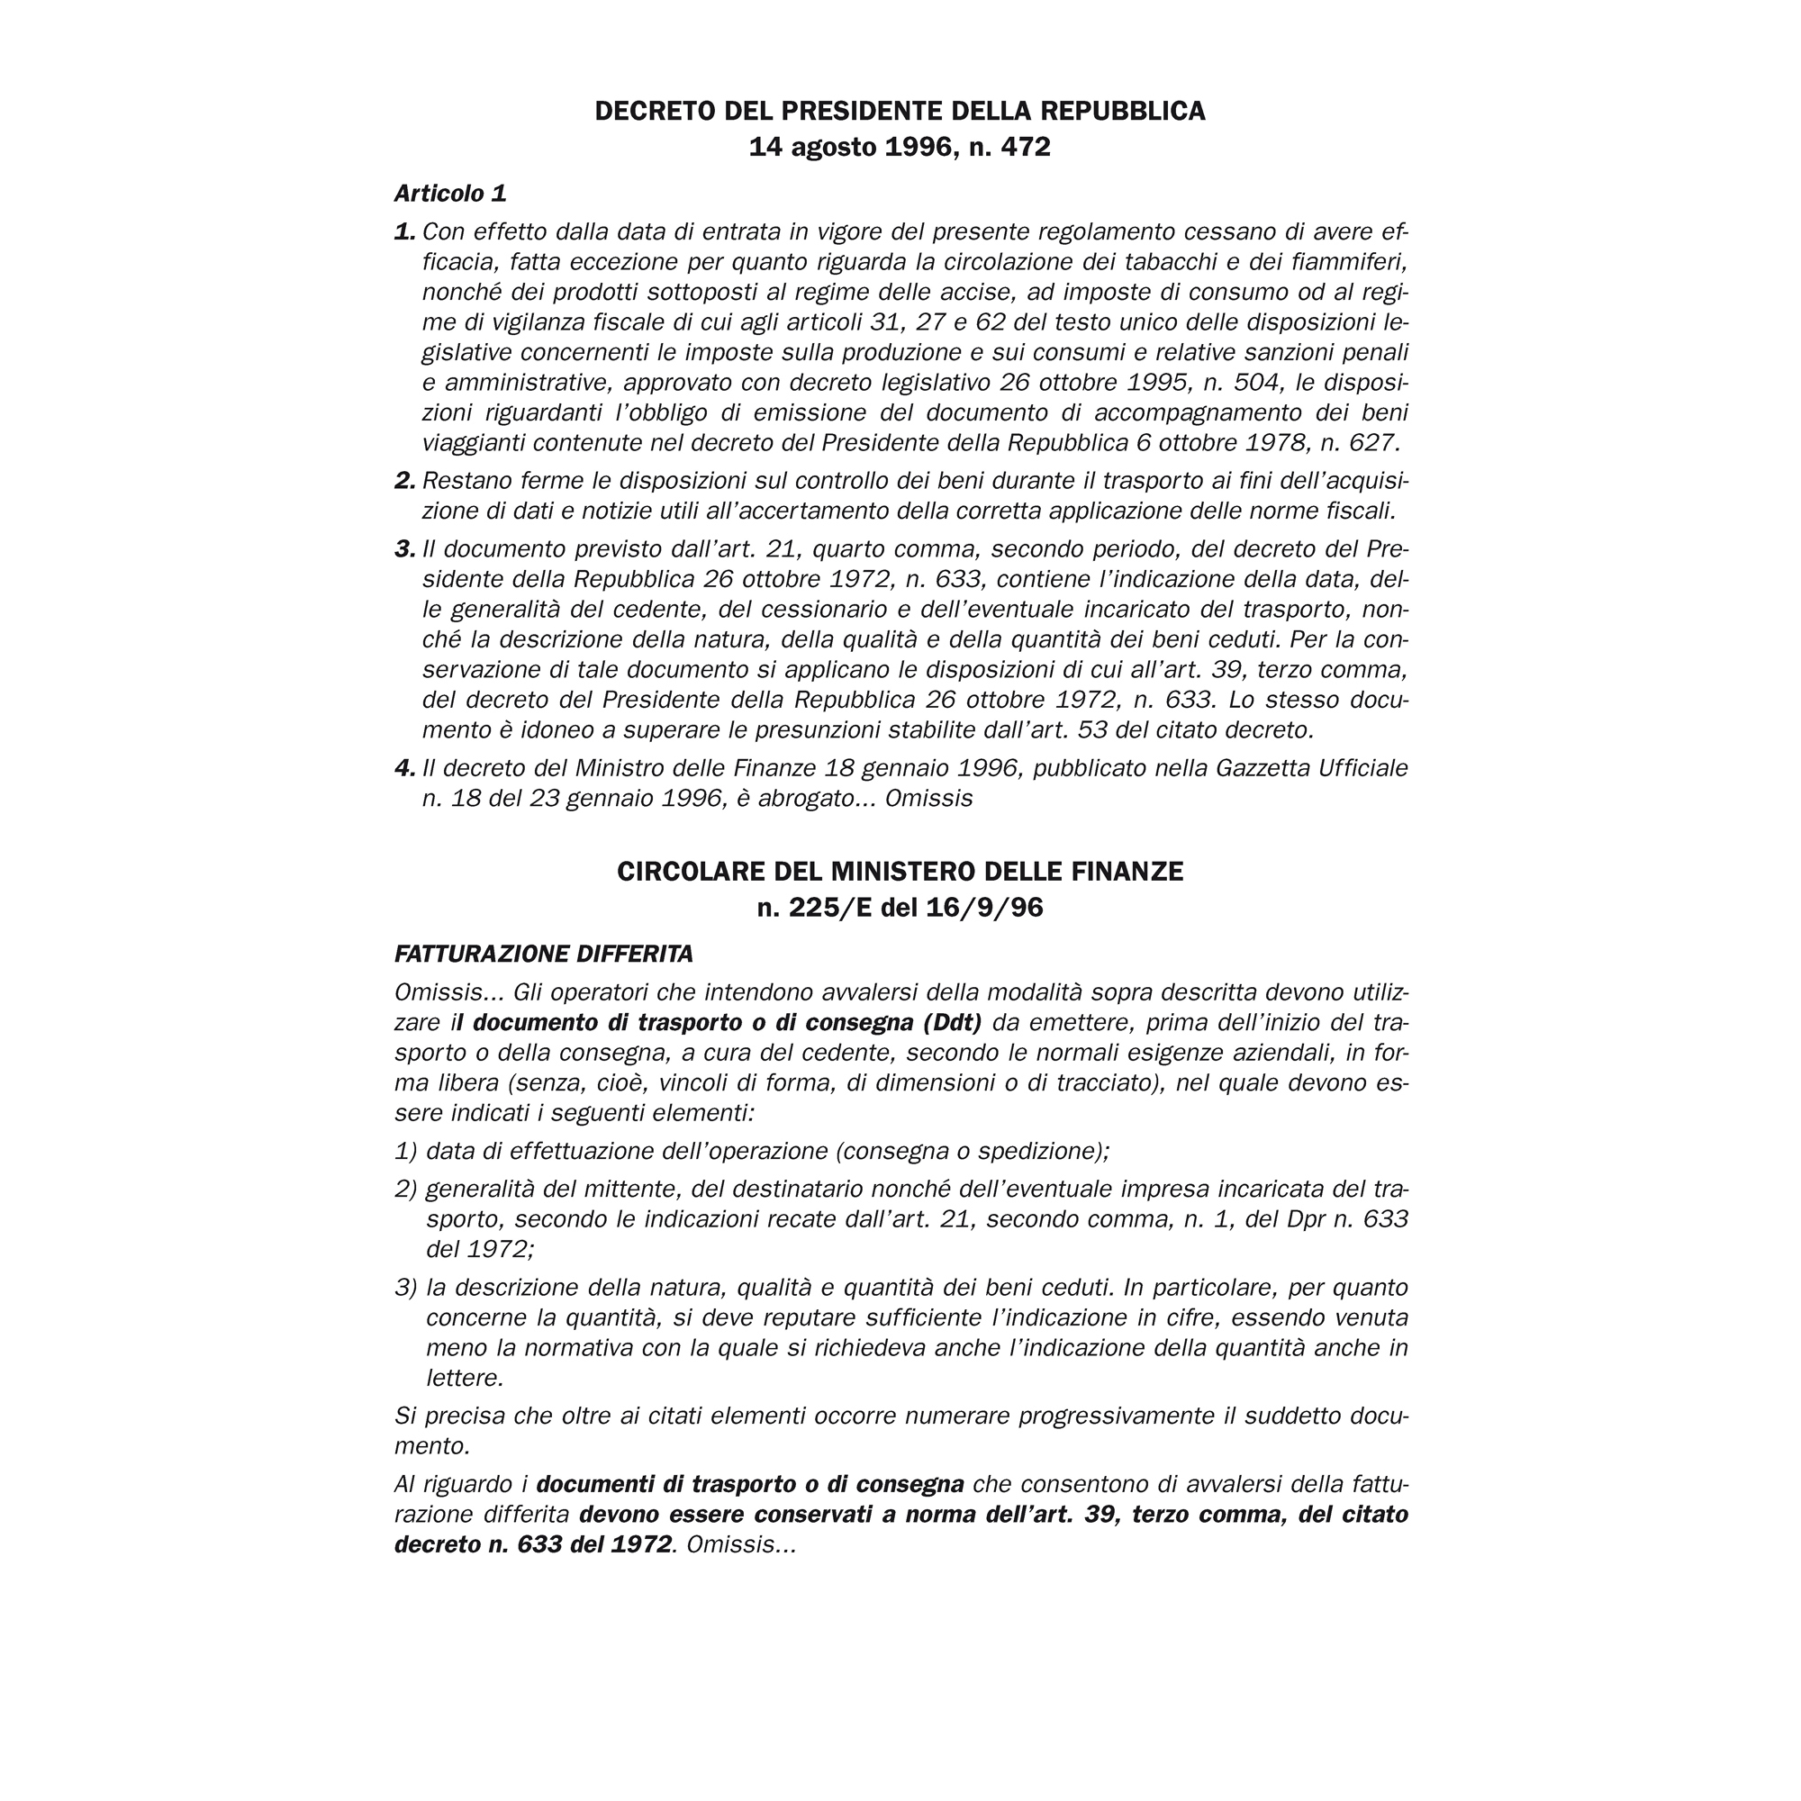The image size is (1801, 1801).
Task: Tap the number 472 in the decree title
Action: (1025, 148)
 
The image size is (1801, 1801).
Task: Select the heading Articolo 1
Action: (450, 193)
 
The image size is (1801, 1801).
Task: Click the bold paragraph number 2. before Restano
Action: (404, 481)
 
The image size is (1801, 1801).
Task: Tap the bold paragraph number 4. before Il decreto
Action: (404, 768)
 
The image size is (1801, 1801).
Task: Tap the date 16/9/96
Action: (984, 907)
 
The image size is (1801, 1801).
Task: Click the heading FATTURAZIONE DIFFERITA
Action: (544, 954)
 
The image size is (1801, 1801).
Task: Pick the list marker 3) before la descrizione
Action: (405, 1288)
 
